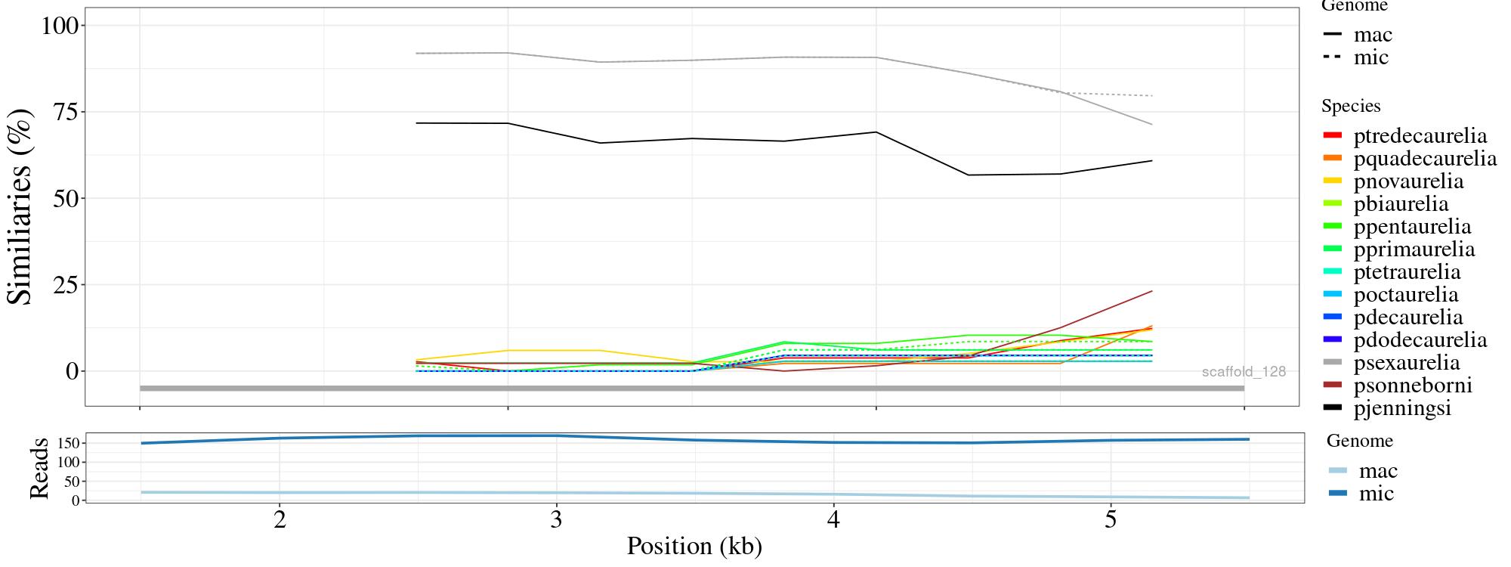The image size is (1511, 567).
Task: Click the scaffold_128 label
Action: point(1244,372)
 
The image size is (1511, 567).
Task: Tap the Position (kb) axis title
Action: point(694,546)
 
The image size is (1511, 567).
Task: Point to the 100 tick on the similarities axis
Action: point(60,26)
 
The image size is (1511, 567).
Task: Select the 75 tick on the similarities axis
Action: point(66,112)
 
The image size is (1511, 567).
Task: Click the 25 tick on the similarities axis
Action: point(66,285)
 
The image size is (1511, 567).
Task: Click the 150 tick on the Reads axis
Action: point(66,442)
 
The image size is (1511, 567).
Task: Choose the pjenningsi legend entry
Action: point(1402,408)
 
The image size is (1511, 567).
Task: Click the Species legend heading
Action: point(1351,106)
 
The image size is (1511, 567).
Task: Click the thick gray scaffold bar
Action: point(691,389)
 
